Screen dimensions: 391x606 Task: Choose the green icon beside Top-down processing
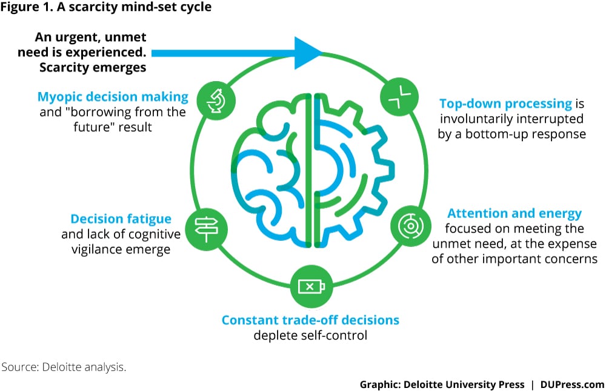tap(395, 97)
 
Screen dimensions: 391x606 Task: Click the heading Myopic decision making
tap(113, 97)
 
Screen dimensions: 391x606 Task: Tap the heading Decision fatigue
tap(121, 219)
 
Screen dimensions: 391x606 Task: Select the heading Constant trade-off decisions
tap(310, 320)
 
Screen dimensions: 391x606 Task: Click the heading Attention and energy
tap(514, 214)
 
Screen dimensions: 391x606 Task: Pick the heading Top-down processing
tap(505, 103)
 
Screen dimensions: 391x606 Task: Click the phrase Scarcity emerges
tap(93, 67)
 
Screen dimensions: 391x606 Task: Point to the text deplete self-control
tap(310, 335)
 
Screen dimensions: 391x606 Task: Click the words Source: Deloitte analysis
tap(64, 367)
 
